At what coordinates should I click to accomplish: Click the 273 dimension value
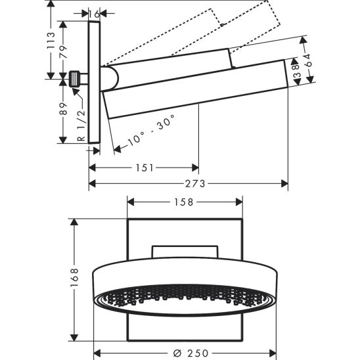pos(195,184)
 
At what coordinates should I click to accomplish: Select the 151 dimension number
pos(145,168)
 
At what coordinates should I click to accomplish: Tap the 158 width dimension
pos(184,202)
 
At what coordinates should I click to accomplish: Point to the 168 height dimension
pos(74,277)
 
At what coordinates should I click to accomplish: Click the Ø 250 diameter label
pos(191,353)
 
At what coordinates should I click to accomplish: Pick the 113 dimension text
pos(51,41)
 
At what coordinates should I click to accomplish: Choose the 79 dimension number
pos(63,52)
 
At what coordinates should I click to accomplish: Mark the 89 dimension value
pos(63,108)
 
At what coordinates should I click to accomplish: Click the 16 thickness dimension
pos(94,14)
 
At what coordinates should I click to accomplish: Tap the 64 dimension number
pos(309,60)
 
